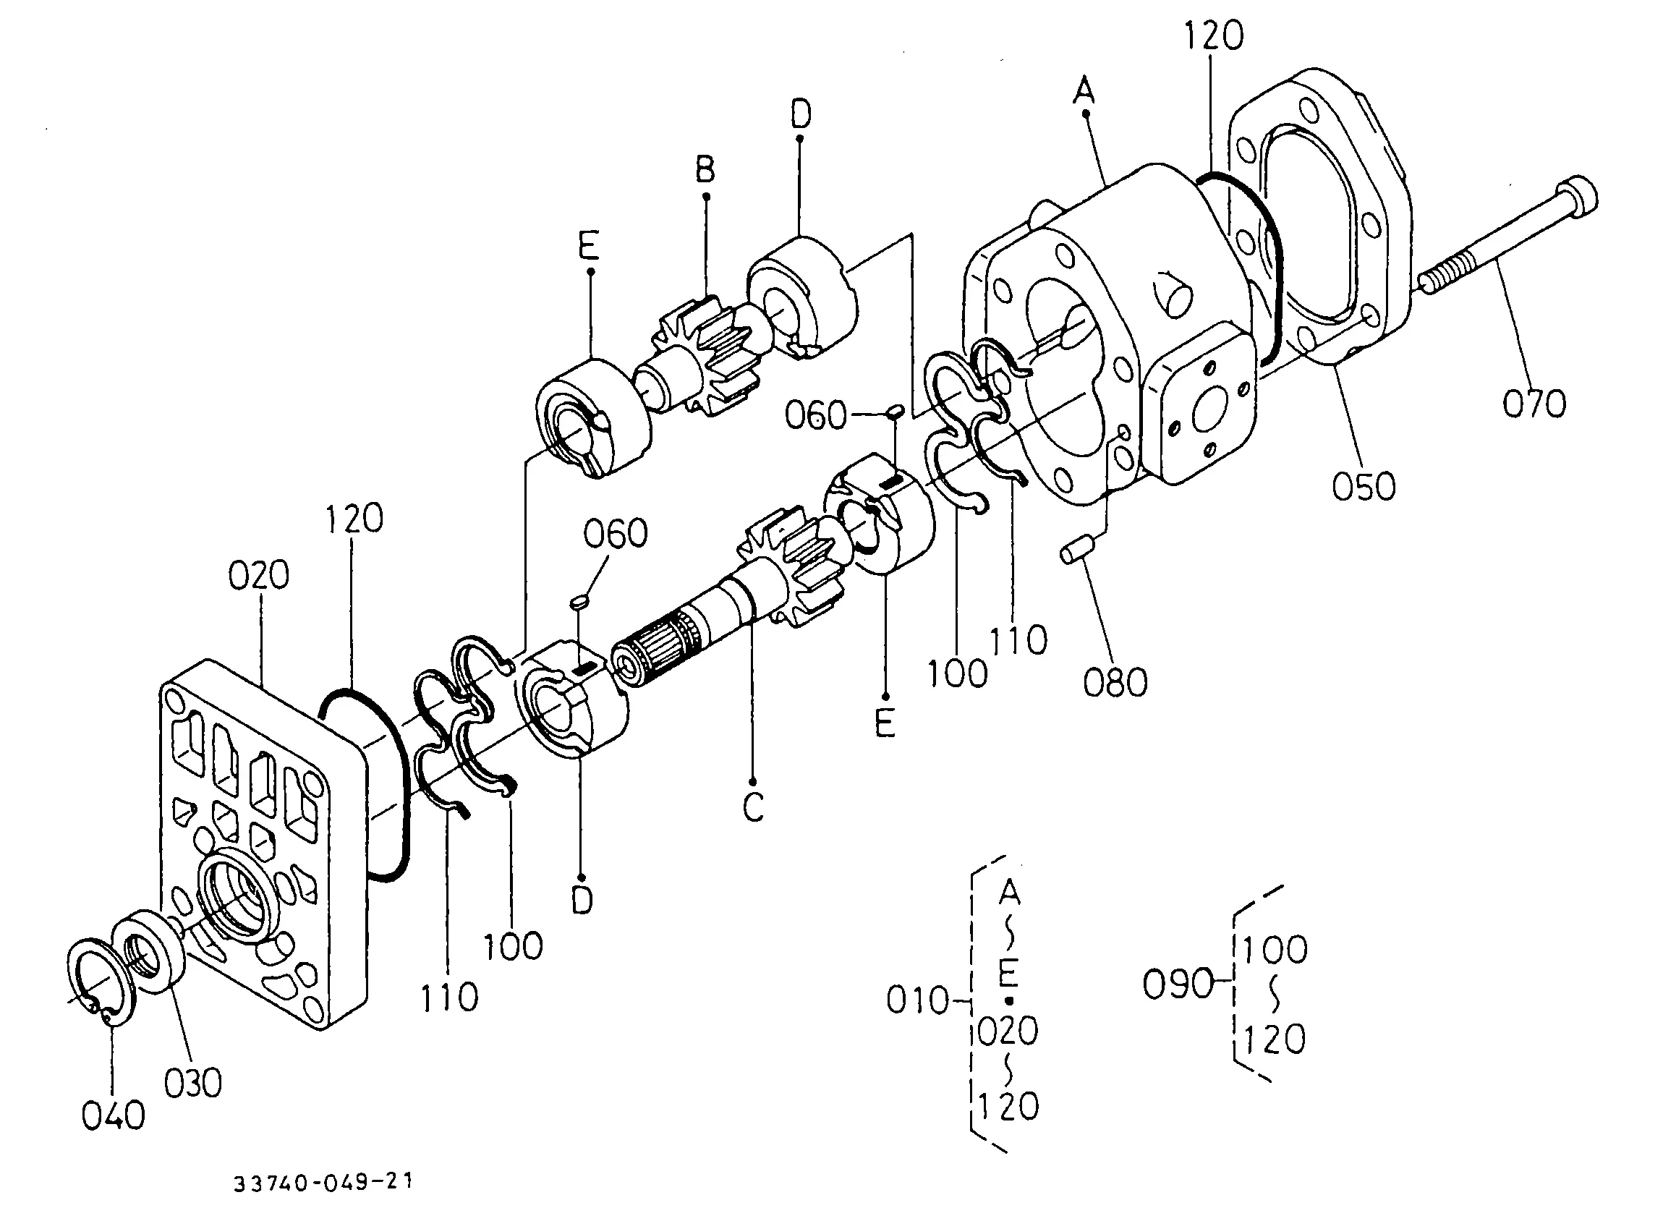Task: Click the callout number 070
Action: pos(1535,404)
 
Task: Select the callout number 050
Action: pos(1364,485)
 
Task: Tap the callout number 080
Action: pos(1115,682)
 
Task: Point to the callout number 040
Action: pos(114,1115)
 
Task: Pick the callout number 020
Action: pos(259,575)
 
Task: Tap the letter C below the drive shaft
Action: pos(753,807)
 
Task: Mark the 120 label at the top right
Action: pos(1215,36)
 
